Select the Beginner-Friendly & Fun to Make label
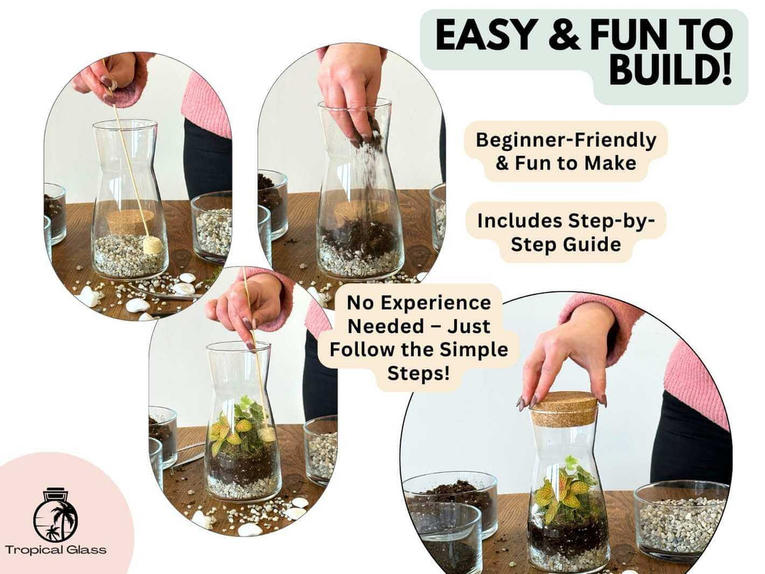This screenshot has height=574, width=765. point(565,151)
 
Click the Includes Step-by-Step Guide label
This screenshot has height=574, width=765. point(565,232)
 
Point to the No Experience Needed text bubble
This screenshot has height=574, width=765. point(418,337)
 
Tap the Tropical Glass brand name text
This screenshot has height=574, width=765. point(55,550)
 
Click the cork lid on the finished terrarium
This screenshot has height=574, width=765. point(564,409)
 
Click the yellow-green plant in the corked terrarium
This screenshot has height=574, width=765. point(560,489)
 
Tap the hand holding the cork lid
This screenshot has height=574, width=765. point(567,354)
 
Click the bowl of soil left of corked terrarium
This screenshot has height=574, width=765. point(453,500)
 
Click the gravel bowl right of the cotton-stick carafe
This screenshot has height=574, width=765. point(212,230)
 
